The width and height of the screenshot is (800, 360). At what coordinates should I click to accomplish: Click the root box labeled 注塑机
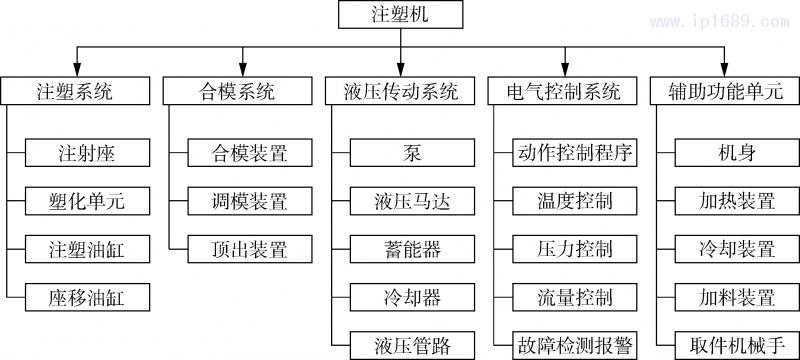pyautogui.click(x=400, y=15)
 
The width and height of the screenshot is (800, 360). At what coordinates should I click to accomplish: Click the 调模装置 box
pyautogui.click(x=250, y=201)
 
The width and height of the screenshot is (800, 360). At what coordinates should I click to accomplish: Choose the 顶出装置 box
pyautogui.click(x=250, y=249)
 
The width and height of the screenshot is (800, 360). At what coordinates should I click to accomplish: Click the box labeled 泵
pyautogui.click(x=413, y=153)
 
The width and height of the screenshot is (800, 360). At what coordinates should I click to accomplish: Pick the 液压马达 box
pyautogui.click(x=413, y=201)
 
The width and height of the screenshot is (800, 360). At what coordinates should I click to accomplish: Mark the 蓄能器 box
pyautogui.click(x=413, y=249)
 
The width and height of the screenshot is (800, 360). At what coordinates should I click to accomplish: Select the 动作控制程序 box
pyautogui.click(x=575, y=153)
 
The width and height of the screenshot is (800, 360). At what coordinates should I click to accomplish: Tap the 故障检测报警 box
pyautogui.click(x=575, y=345)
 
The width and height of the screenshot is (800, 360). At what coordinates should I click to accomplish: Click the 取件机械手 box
pyautogui.click(x=738, y=345)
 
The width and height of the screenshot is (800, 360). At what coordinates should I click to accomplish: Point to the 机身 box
pyautogui.click(x=738, y=153)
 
